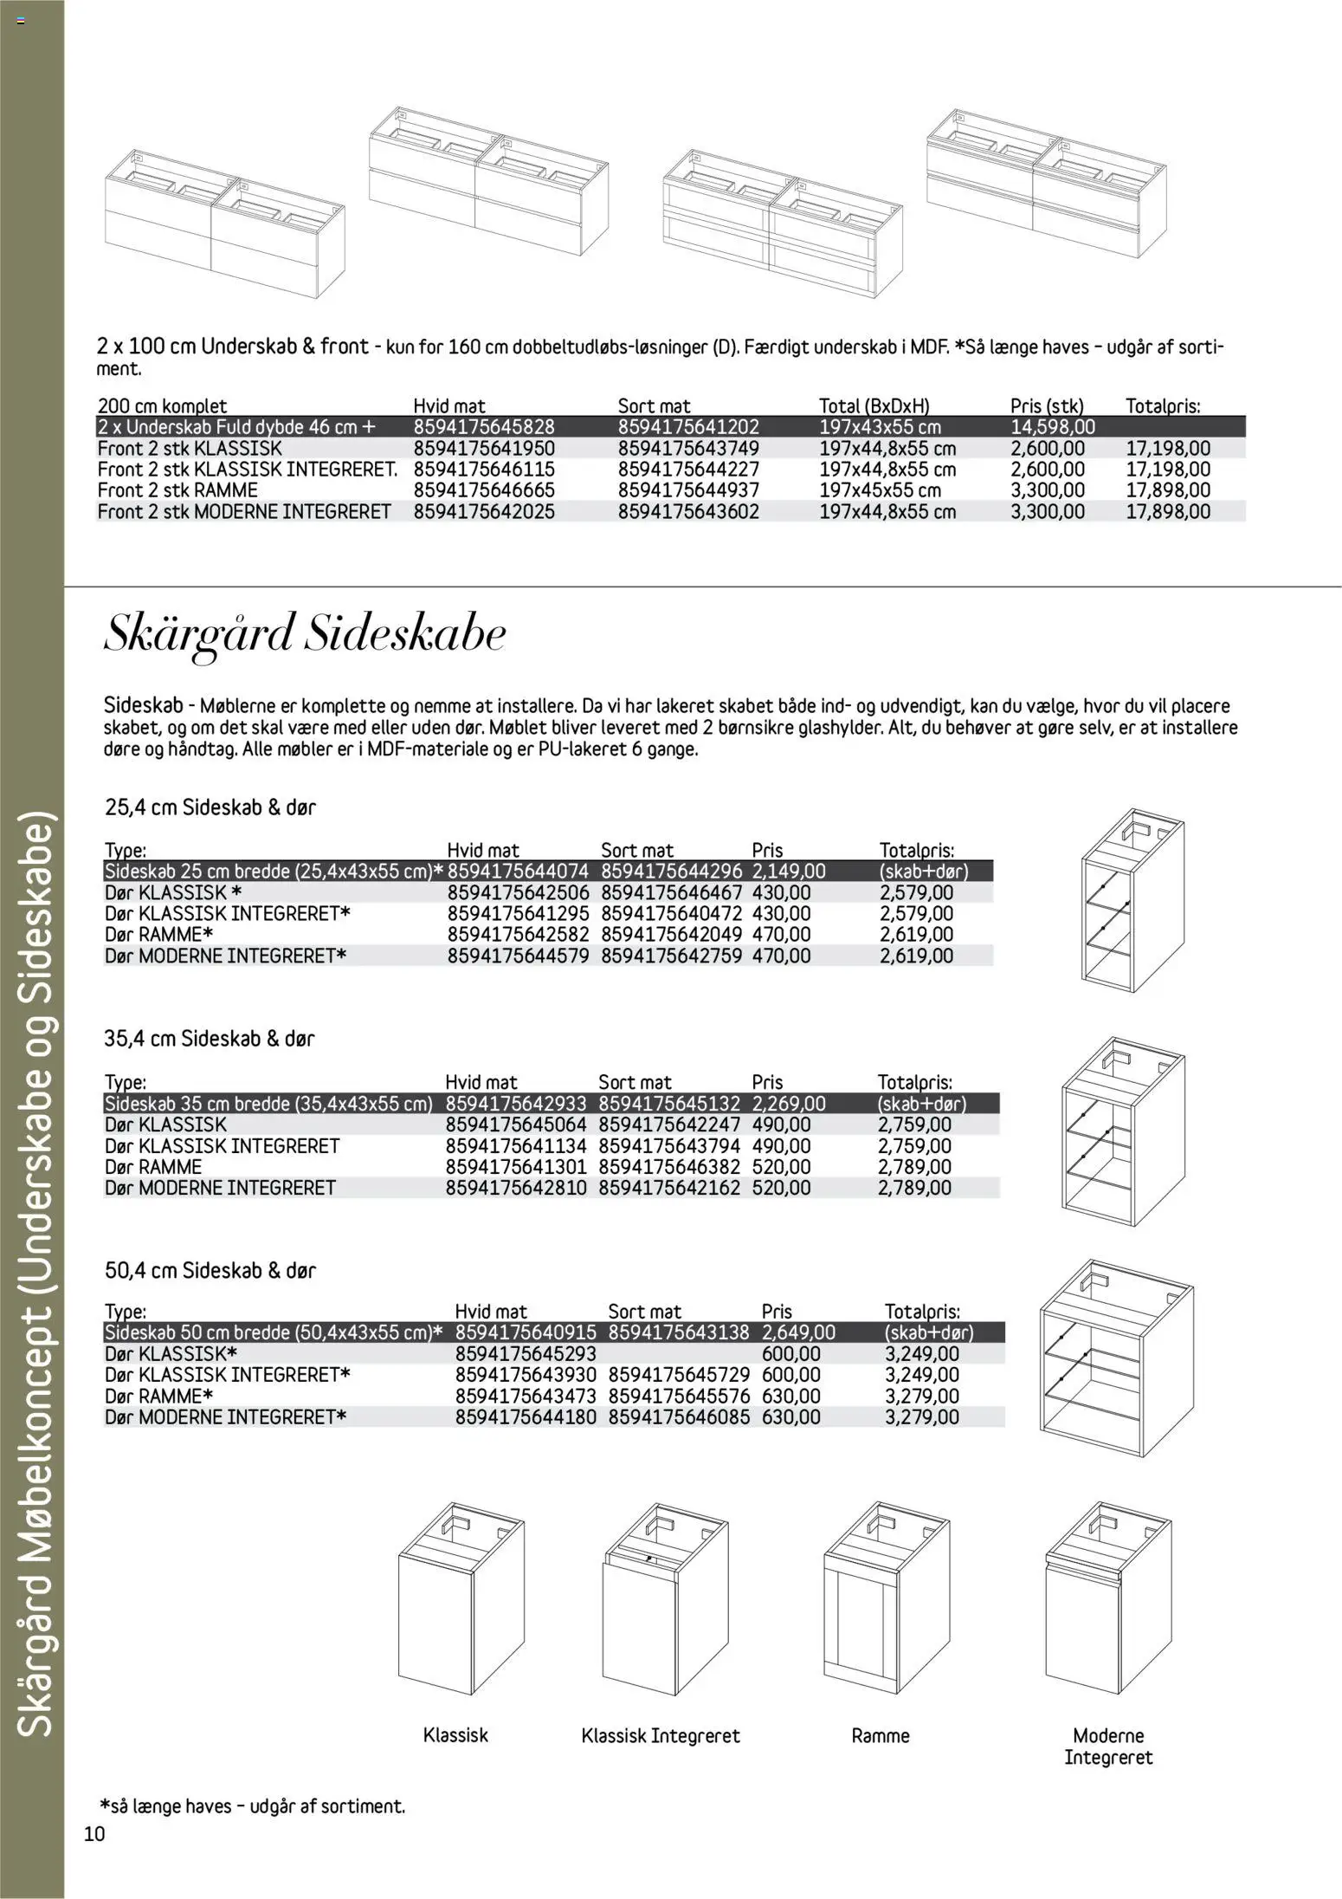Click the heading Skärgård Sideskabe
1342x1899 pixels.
[305, 636]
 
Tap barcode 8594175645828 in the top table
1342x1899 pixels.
[484, 427]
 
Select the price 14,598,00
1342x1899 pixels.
[1052, 427]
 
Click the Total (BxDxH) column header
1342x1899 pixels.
[874, 405]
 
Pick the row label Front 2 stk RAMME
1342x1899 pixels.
[177, 490]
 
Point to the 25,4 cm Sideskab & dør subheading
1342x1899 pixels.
[210, 807]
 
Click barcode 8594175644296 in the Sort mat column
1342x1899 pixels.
[671, 872]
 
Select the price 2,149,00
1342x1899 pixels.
[789, 872]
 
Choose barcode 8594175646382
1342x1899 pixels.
[669, 1167]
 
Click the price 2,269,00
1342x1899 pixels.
[789, 1104]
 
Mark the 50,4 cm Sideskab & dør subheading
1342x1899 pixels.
[210, 1271]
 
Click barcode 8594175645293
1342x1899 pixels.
[526, 1354]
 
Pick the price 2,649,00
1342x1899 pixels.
[798, 1332]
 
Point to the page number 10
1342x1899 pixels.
[94, 1834]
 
